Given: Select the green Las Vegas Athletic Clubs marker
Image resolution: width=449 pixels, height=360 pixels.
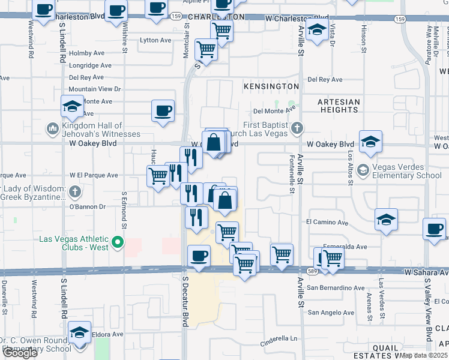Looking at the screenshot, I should click(118, 243).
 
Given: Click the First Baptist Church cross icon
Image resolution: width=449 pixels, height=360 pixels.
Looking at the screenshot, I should click(297, 128).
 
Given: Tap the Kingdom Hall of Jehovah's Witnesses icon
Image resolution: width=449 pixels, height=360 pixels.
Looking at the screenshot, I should click(52, 128).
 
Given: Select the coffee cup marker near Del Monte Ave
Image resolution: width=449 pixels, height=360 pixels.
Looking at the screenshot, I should click(163, 110).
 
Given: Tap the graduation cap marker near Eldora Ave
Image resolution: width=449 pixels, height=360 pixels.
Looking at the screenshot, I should click(79, 332).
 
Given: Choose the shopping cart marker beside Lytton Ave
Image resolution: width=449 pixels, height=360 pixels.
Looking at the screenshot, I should click(206, 49).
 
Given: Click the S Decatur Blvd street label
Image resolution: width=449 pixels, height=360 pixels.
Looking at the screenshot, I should click(185, 302).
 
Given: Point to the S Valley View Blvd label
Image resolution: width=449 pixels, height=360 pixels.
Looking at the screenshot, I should click(429, 305).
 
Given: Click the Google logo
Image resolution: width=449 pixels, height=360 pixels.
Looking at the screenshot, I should click(19, 353).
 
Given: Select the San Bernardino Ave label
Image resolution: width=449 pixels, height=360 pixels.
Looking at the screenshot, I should click(336, 288).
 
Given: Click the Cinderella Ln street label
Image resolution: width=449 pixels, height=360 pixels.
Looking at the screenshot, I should click(279, 338).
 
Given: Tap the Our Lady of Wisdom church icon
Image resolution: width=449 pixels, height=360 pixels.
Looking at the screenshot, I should click(74, 192).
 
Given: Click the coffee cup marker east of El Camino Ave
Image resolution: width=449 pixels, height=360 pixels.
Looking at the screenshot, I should click(434, 229).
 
